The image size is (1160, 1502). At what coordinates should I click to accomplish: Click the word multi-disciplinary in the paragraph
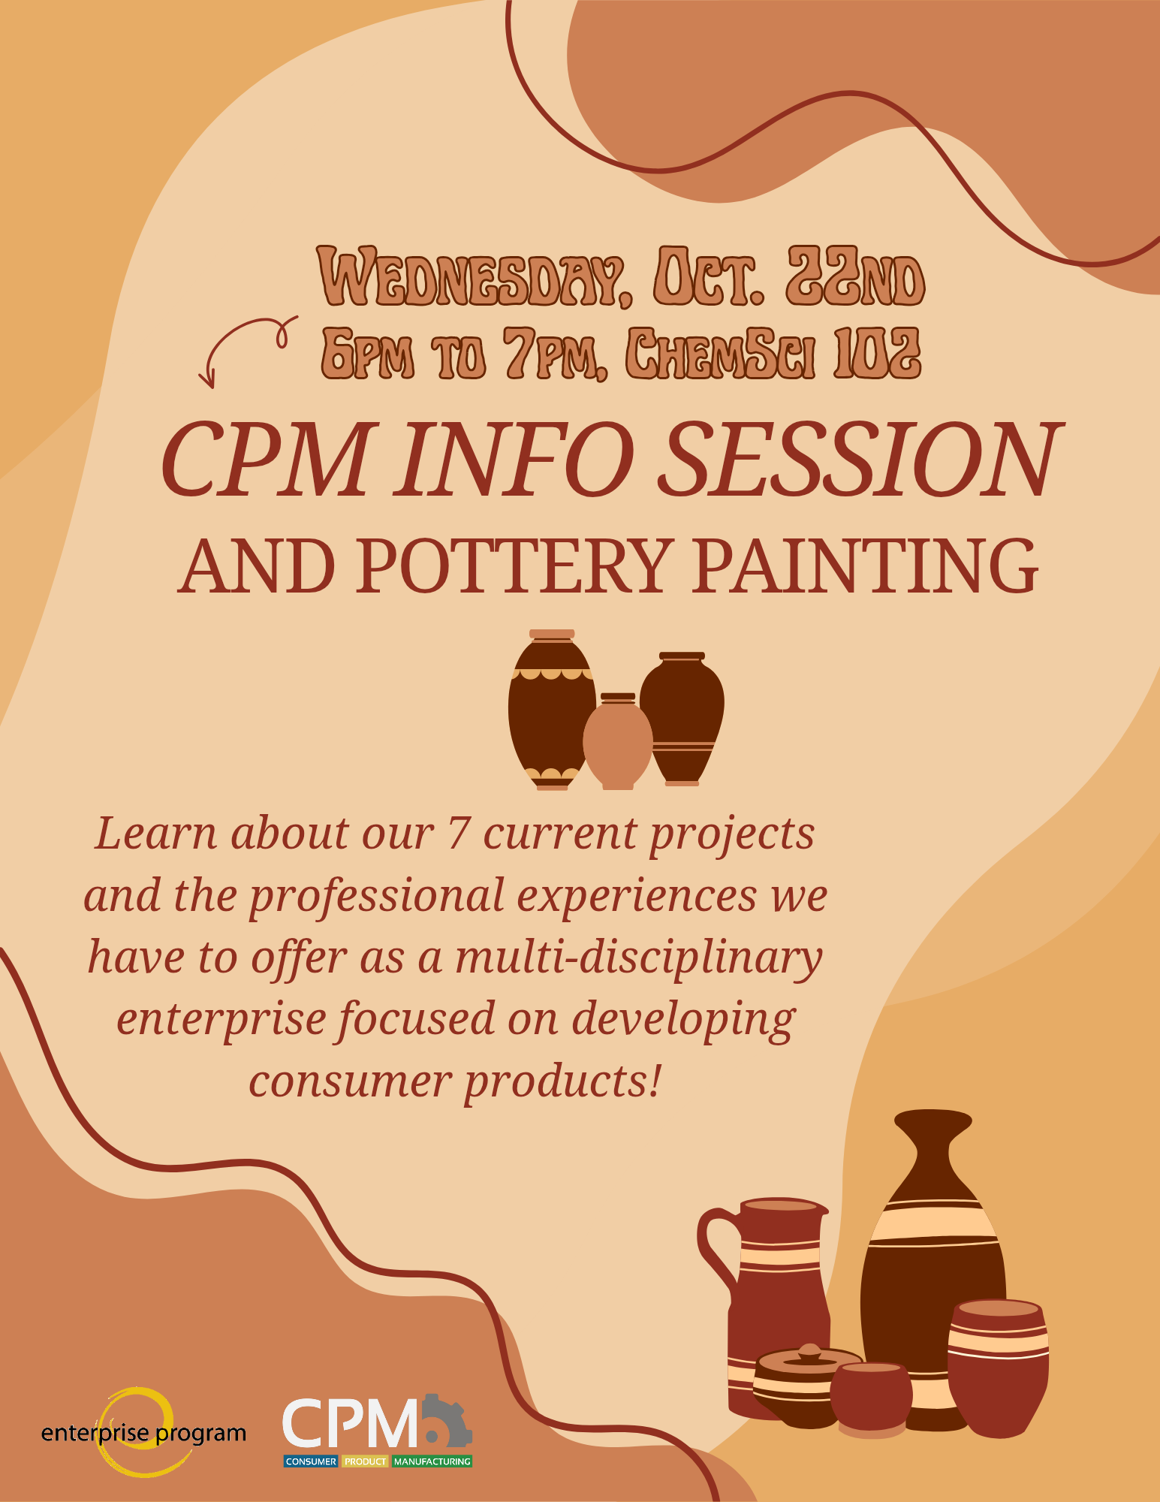coord(639,958)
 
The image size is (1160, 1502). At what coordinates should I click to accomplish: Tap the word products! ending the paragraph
coord(562,1083)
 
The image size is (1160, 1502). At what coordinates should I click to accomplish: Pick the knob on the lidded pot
coord(809,1353)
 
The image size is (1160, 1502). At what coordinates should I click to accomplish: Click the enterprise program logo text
coord(143,1434)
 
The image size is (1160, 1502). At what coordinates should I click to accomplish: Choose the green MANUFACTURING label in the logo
coord(432,1461)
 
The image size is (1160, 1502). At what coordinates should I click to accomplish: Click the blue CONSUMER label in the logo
coord(311,1461)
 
